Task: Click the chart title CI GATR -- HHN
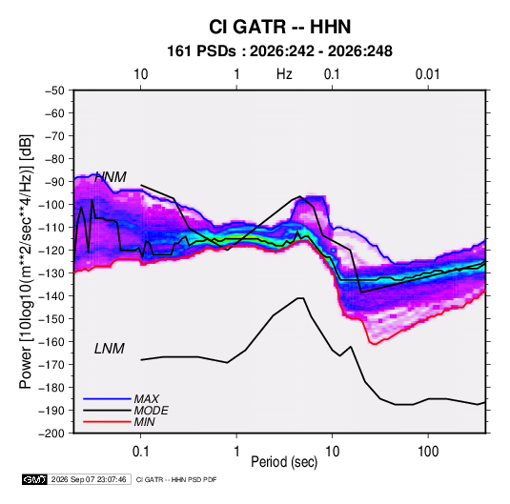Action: pos(279,27)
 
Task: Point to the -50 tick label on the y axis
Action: pos(55,91)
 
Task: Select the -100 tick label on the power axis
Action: pos(52,205)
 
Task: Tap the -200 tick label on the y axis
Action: pos(52,433)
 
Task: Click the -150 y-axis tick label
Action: pos(52,319)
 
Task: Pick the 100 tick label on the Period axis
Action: pos(428,452)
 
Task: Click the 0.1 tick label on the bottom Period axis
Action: pos(140,452)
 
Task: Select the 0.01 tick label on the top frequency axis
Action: pos(427,74)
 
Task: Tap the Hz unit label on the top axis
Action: pos(284,74)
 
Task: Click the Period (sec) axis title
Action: pos(284,462)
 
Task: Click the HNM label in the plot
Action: pos(111,177)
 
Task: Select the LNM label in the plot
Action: pos(110,349)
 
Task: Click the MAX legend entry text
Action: pos(147,399)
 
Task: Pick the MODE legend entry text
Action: pos(151,411)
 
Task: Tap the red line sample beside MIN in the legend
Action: pos(107,422)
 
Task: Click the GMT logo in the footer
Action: pos(34,479)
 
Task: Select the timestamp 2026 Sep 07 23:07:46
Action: pos(89,479)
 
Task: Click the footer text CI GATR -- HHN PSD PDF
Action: pos(176,479)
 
